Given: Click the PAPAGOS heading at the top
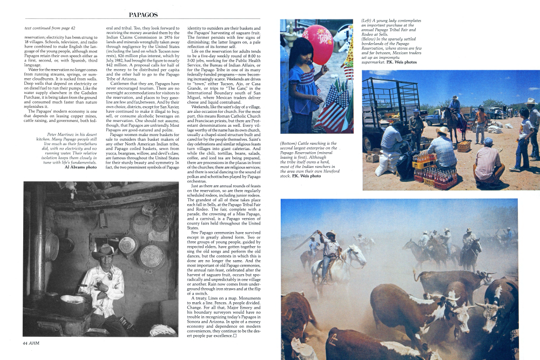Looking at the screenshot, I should point(144,14).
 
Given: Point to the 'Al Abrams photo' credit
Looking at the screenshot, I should point(80,167).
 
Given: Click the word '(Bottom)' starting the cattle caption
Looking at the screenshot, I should point(291,144).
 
